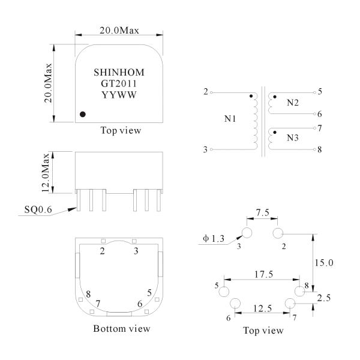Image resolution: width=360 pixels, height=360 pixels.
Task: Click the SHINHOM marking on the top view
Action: point(119,73)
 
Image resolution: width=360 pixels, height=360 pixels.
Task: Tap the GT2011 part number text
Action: point(119,83)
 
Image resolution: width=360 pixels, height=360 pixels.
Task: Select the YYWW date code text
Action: point(119,95)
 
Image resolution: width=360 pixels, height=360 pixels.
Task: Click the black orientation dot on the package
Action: point(83,114)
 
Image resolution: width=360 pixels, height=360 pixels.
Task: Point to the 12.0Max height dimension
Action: point(46,172)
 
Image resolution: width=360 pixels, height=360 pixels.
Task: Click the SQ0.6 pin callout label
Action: point(38,209)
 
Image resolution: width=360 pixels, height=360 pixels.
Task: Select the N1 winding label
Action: point(230,119)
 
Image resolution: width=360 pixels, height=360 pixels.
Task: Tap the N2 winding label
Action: point(293,103)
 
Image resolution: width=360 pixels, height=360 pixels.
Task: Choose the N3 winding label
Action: point(293,138)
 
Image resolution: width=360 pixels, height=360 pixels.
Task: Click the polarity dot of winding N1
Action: point(251,96)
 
